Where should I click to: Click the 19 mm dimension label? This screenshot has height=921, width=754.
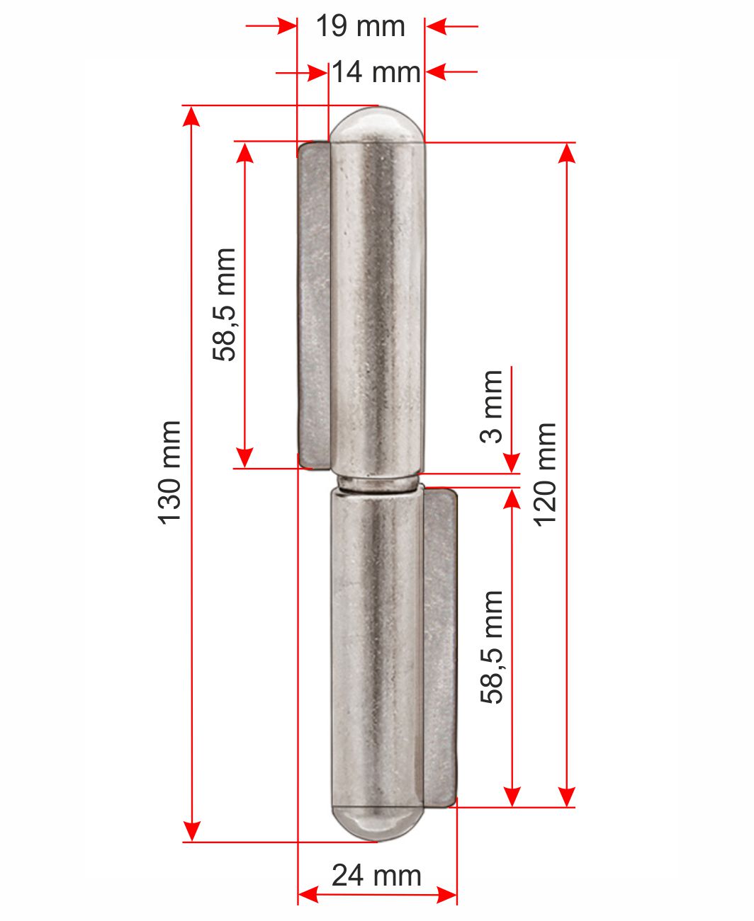(361, 25)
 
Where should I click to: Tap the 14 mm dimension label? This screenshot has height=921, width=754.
(376, 71)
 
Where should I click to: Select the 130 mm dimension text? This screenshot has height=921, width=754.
(169, 472)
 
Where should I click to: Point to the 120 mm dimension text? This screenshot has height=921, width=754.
(545, 475)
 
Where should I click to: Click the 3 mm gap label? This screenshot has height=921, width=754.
(491, 406)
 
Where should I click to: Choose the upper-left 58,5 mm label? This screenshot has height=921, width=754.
(224, 304)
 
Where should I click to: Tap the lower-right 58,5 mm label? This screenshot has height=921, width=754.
(493, 647)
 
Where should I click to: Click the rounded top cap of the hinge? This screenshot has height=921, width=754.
(377, 125)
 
